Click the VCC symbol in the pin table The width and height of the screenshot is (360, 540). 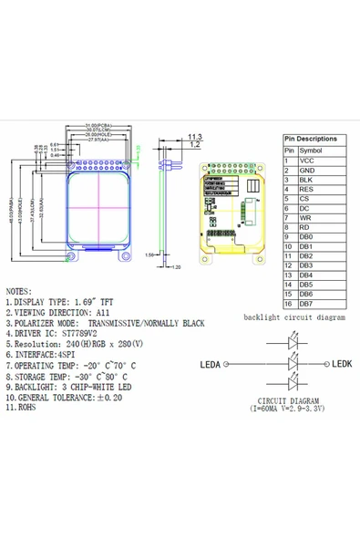(306, 160)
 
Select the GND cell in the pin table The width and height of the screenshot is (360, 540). (307, 171)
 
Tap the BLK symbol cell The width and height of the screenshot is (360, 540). (306, 181)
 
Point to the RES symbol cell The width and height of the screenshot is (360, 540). (306, 190)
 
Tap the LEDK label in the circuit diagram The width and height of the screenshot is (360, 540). (340, 364)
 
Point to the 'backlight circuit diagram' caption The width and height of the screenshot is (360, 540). (294, 317)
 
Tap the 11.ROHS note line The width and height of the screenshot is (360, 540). (27, 409)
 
